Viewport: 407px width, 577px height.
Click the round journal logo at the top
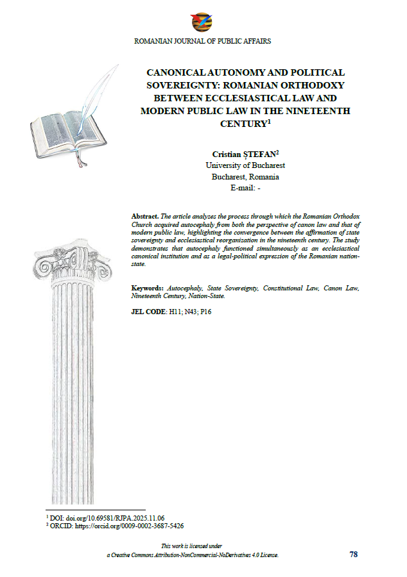click(x=201, y=22)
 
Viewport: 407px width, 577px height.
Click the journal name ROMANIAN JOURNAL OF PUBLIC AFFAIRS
click(x=202, y=41)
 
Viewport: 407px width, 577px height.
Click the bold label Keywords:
click(x=149, y=289)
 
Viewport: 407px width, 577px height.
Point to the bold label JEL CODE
click(x=148, y=312)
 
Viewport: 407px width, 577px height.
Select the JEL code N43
click(x=189, y=312)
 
